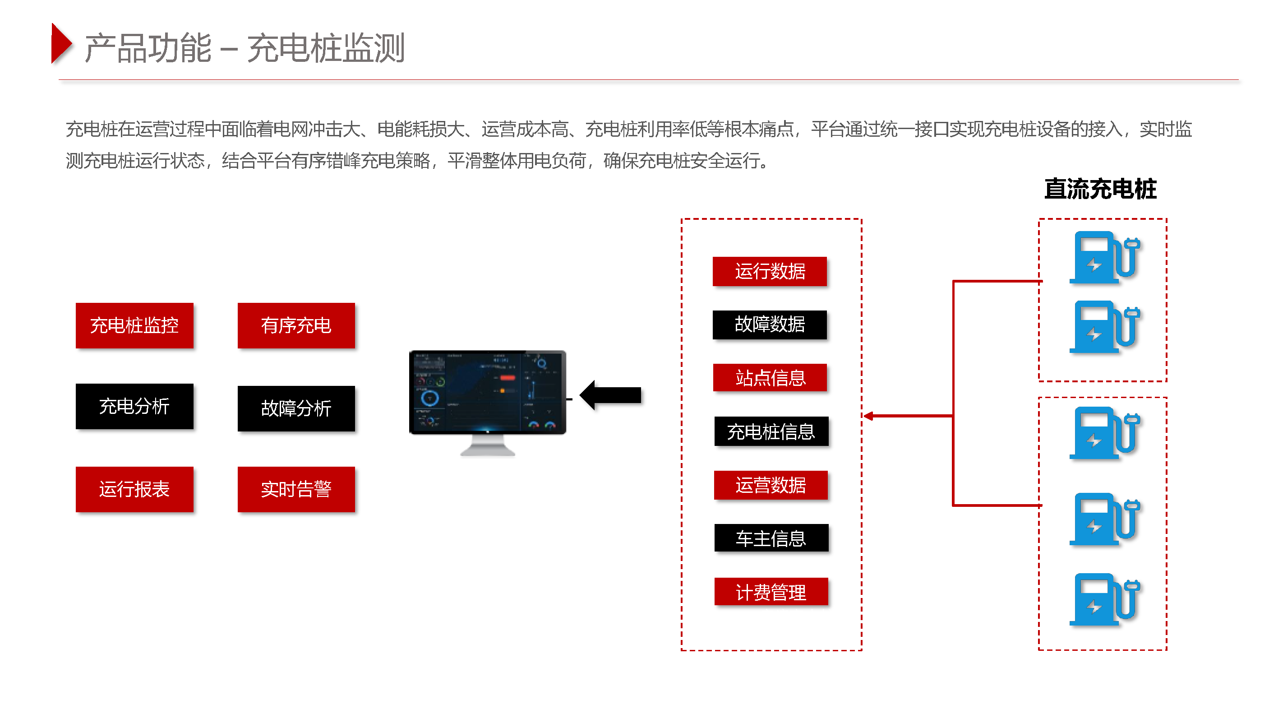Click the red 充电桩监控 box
click(134, 325)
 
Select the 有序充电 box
click(296, 325)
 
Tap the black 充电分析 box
click(134, 406)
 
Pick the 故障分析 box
click(296, 408)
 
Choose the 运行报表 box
click(134, 489)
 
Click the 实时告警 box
click(296, 489)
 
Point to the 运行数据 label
click(770, 271)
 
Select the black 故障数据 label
click(770, 324)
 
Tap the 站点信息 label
click(770, 377)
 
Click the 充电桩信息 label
click(771, 431)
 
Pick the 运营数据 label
click(771, 485)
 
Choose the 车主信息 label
click(771, 538)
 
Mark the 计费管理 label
click(771, 592)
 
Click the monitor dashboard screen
click(487, 392)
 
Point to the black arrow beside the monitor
click(611, 395)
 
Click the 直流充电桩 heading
click(1100, 189)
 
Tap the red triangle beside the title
click(61, 44)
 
